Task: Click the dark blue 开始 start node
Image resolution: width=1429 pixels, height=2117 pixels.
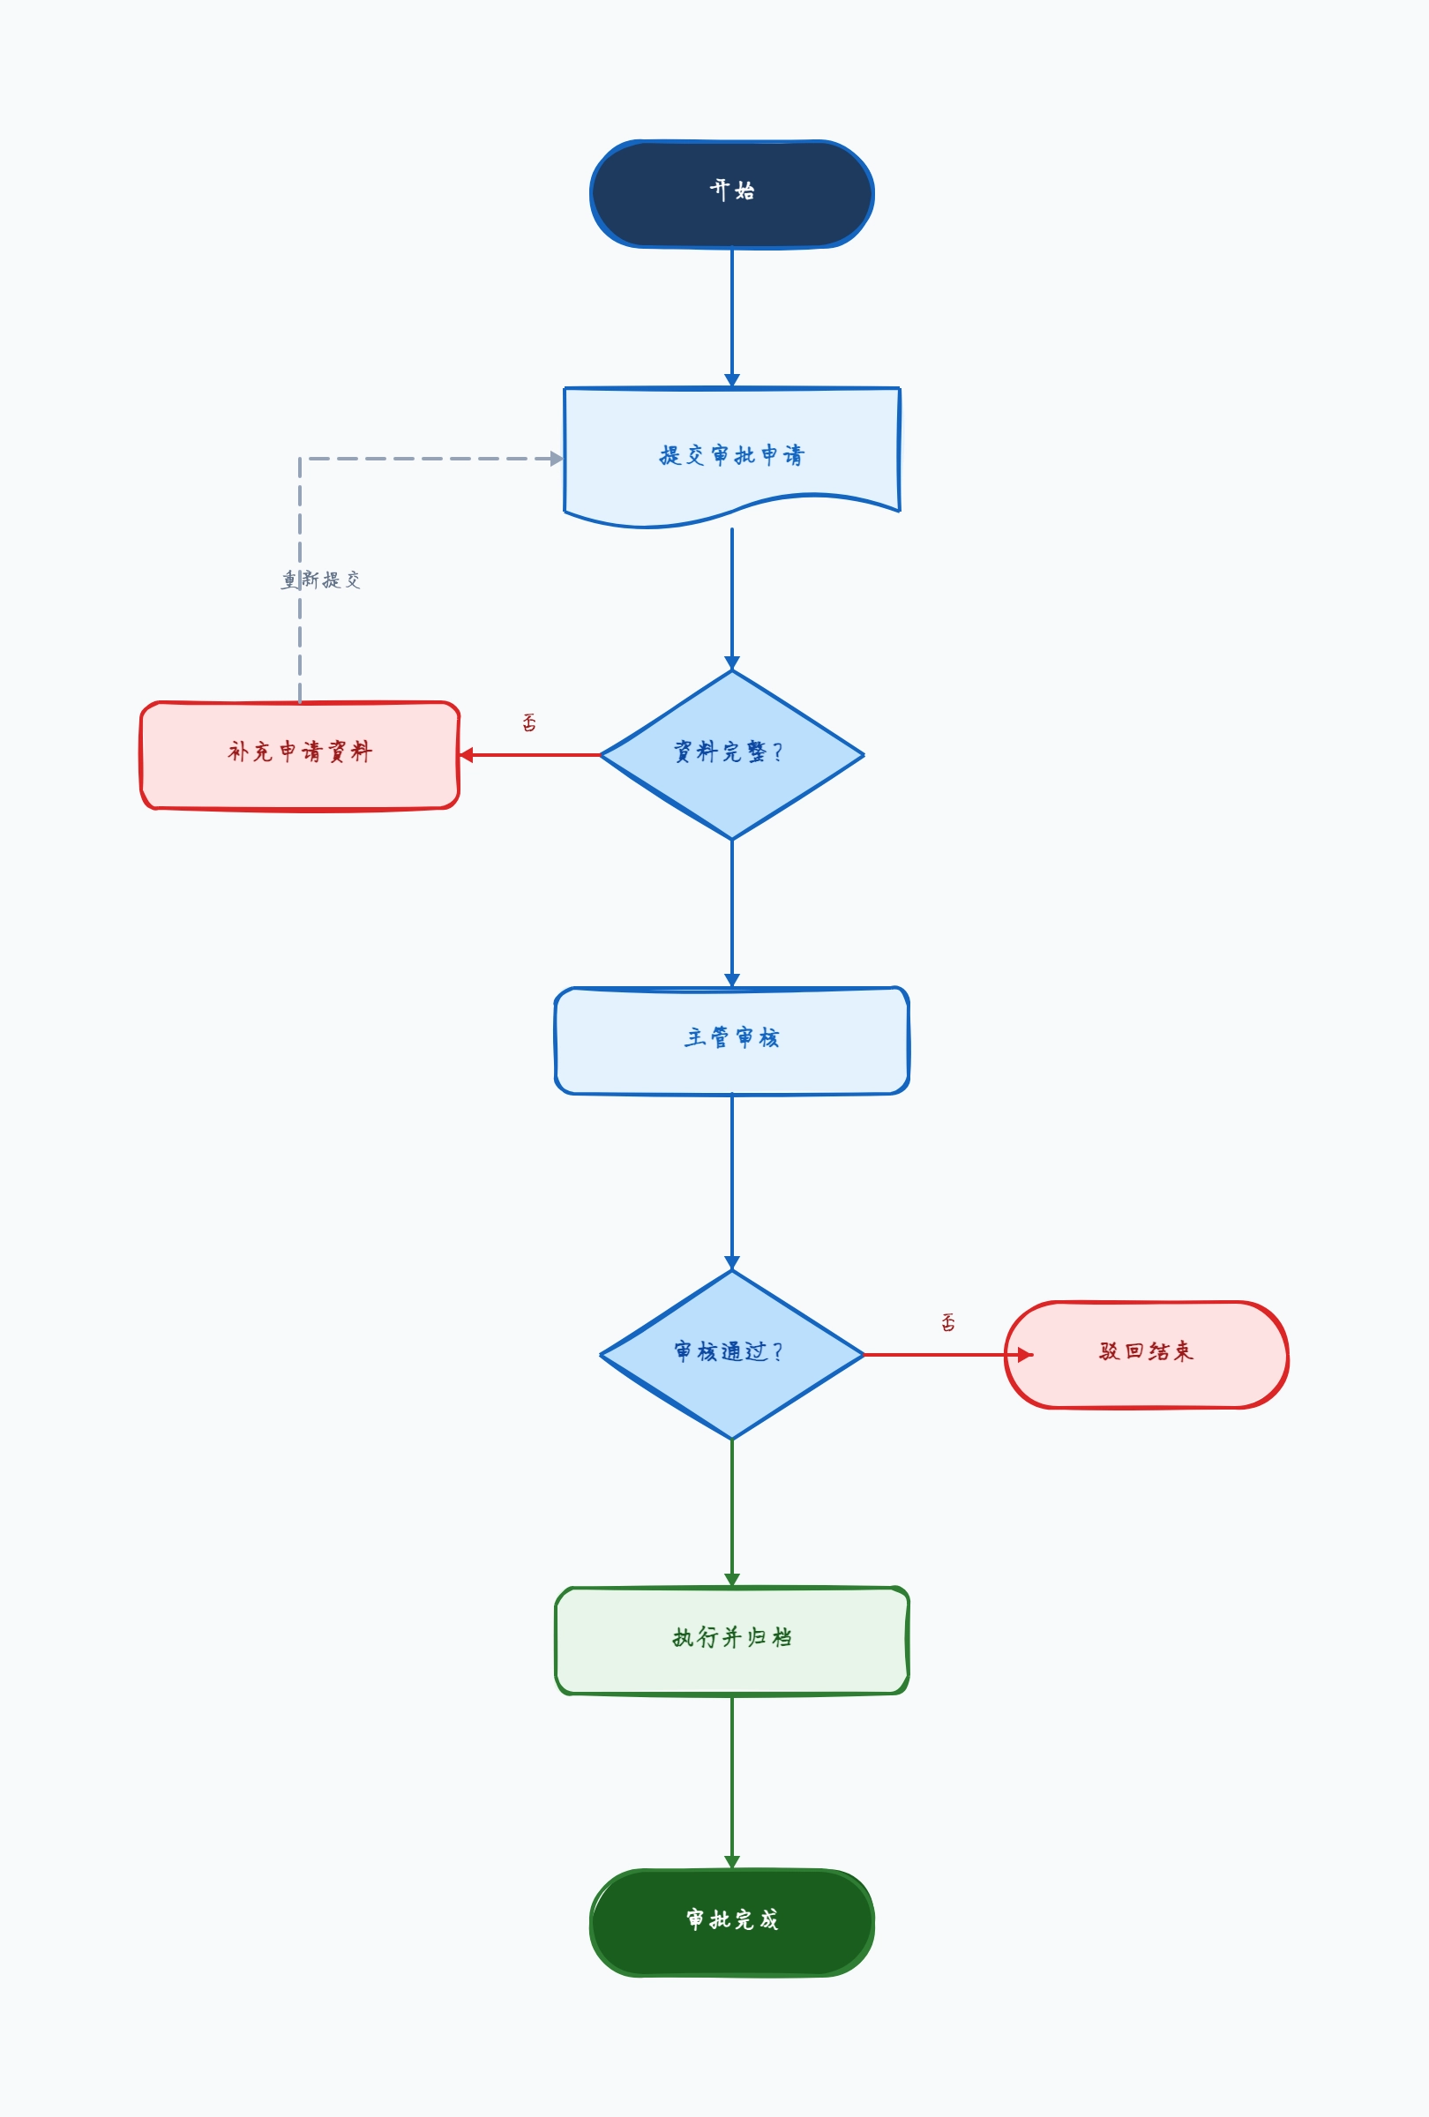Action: pos(731,194)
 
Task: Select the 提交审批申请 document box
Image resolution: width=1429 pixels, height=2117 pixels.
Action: pos(731,455)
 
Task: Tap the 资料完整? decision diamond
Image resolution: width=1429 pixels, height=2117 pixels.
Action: pos(731,754)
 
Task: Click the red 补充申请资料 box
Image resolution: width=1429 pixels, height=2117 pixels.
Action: pos(300,755)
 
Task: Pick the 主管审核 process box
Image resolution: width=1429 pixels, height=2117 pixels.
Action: pos(731,1040)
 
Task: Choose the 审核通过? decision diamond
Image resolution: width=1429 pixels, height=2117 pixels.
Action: pos(731,1355)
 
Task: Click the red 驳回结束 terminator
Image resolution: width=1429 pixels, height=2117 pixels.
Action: pos(1146,1355)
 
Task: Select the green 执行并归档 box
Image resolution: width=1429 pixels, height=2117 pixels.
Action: pos(731,1641)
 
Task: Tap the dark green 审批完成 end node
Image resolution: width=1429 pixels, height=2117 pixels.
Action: pos(731,1923)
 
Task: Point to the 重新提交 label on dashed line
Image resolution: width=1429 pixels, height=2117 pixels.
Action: pos(320,580)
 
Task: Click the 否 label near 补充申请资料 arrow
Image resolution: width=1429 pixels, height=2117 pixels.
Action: pos(529,722)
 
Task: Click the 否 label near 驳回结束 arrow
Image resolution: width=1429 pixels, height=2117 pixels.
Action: pos(948,1321)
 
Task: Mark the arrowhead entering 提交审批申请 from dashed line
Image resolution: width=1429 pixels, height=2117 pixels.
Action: pos(557,458)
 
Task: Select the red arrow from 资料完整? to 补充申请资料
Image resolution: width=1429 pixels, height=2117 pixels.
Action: pos(529,755)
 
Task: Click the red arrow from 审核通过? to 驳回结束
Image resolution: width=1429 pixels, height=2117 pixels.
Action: pos(948,1355)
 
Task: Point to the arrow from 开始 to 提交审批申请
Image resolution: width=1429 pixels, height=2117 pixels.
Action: pos(731,317)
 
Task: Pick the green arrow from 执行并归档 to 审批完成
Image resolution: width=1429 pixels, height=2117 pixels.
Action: pos(731,1783)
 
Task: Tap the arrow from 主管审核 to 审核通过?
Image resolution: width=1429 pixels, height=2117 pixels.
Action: pos(731,1182)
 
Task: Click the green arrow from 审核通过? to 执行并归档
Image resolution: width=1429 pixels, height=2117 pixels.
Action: pos(731,1514)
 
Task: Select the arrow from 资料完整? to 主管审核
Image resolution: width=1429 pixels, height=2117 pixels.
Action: pos(731,914)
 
